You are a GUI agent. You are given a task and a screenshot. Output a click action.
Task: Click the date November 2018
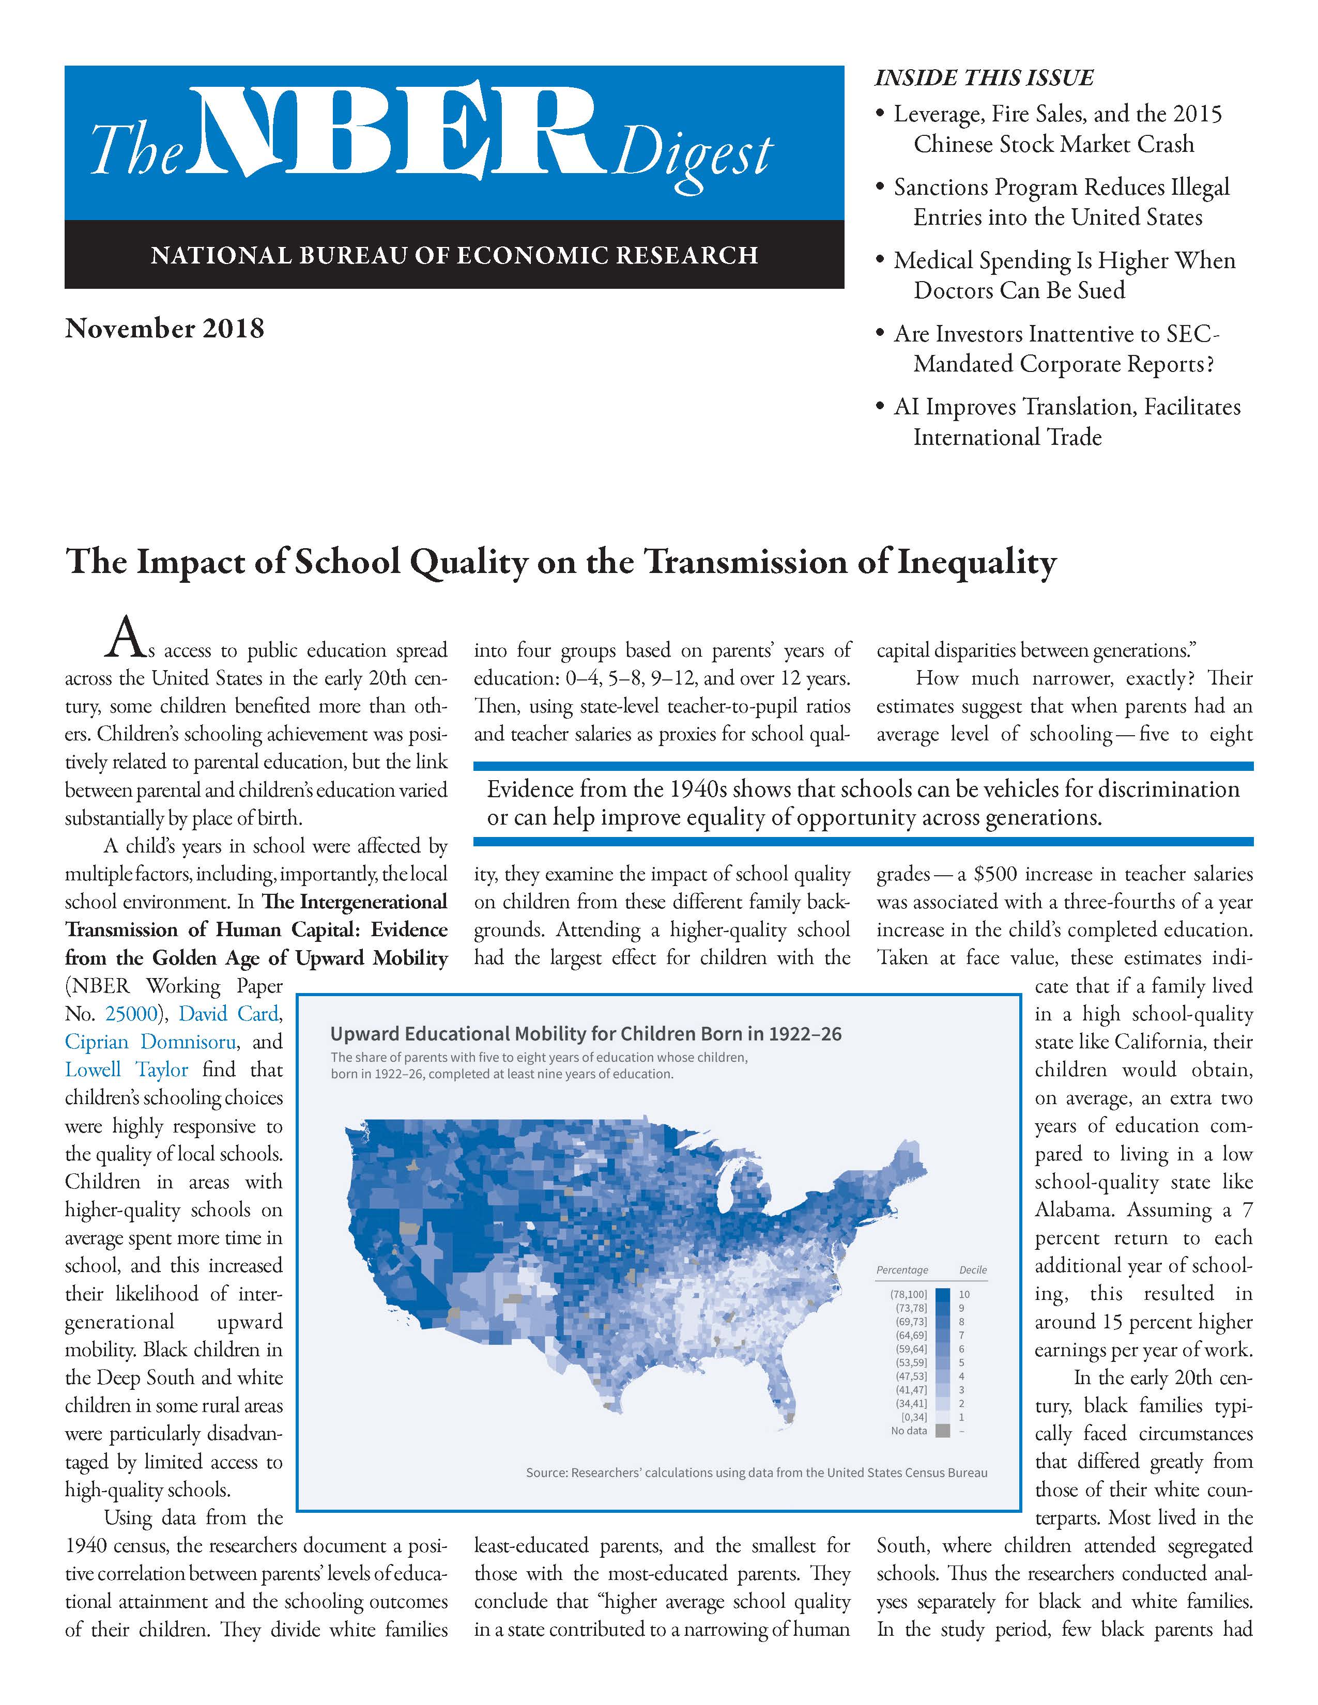coord(165,328)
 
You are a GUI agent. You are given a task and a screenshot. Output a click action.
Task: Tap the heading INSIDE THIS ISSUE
coord(984,78)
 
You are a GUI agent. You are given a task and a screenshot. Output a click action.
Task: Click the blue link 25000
coord(130,1014)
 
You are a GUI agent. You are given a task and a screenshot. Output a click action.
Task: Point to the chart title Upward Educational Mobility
coord(586,1034)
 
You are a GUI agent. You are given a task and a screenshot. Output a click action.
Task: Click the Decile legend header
coord(973,1270)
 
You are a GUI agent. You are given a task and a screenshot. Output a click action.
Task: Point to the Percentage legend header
coord(902,1270)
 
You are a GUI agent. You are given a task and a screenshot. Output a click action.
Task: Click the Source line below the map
coord(756,1473)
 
